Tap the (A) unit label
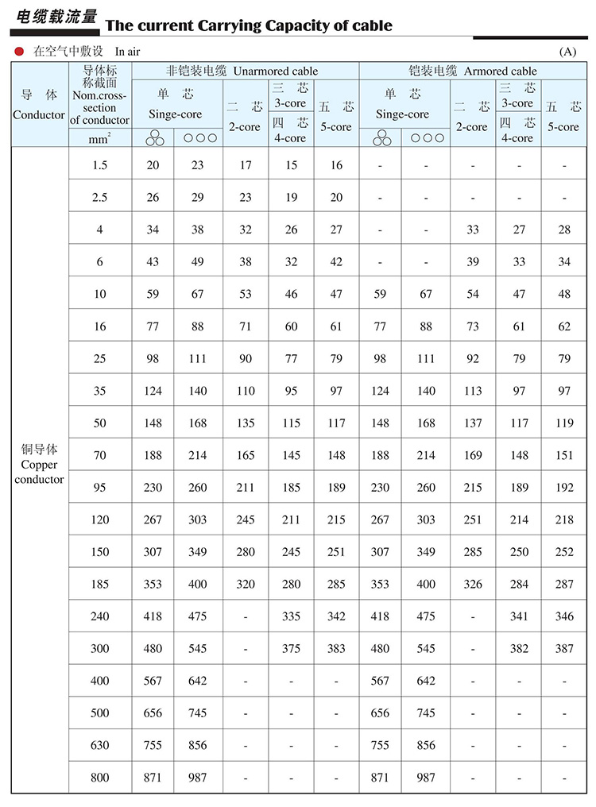pyautogui.click(x=567, y=52)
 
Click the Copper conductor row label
pyautogui.click(x=39, y=465)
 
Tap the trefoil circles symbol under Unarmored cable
pyautogui.click(x=153, y=137)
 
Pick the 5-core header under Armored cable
pyautogui.click(x=563, y=117)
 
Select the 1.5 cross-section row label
pyautogui.click(x=99, y=165)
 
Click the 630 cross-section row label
pyautogui.click(x=99, y=745)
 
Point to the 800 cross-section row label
pyautogui.click(x=99, y=778)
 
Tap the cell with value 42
pyautogui.click(x=336, y=262)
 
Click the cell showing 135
pyautogui.click(x=246, y=423)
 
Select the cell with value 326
pyautogui.click(x=472, y=584)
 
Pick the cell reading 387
pyautogui.click(x=564, y=648)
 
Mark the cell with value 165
pyautogui.click(x=246, y=455)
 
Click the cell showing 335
pyautogui.click(x=291, y=616)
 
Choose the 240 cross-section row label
pyautogui.click(x=99, y=616)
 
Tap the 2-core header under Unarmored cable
pyautogui.click(x=245, y=117)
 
